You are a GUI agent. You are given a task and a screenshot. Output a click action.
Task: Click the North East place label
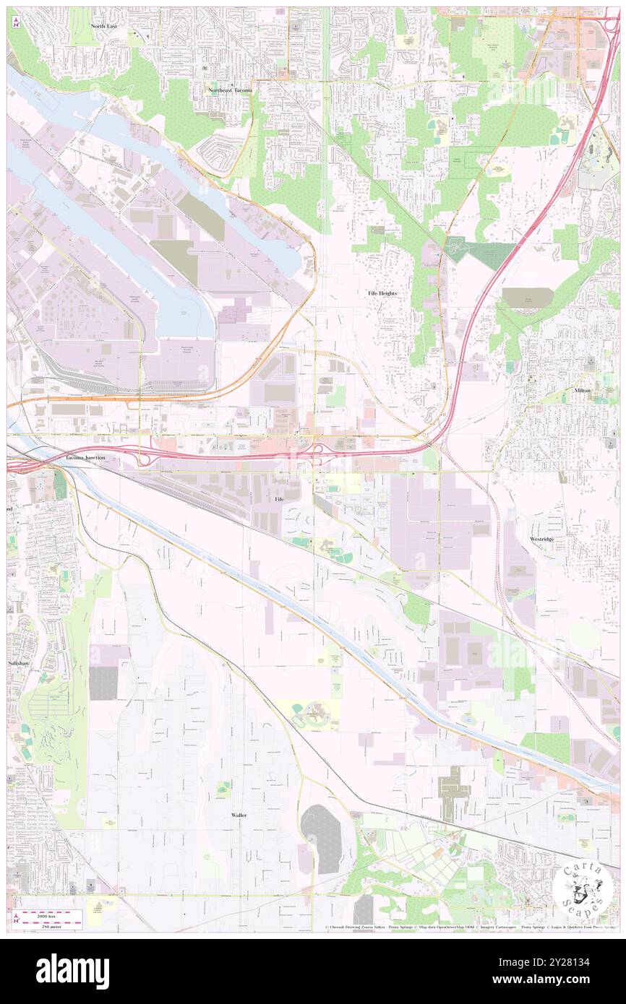(x=104, y=25)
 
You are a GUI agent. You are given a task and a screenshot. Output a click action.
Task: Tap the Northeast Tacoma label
(x=230, y=90)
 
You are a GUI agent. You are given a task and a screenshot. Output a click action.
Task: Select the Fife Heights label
(x=383, y=293)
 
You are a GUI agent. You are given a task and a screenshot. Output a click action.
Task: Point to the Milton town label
(x=582, y=390)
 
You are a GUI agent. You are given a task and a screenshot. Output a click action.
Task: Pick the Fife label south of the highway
(x=279, y=499)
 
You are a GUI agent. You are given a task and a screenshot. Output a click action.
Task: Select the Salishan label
(x=19, y=662)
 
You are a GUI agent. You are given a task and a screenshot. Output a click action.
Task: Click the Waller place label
(x=239, y=815)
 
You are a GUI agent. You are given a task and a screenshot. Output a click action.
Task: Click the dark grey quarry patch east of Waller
(x=321, y=838)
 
